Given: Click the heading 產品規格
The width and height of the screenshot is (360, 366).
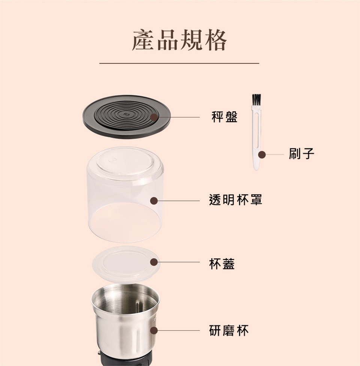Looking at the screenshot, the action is click(179, 40).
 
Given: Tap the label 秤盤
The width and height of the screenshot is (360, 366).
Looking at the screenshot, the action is click(225, 117).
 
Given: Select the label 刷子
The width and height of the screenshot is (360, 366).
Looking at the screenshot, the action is click(301, 154).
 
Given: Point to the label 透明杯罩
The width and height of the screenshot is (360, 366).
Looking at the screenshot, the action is click(235, 200).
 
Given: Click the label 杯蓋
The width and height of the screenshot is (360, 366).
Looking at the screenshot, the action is click(222, 264).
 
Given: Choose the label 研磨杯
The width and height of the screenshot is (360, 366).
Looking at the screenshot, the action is click(229, 330).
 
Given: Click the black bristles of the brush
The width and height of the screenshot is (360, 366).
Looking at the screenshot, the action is click(256, 99).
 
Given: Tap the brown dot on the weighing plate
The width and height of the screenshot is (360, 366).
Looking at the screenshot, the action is click(154, 117).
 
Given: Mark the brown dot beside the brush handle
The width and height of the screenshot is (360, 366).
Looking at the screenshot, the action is click(262, 154).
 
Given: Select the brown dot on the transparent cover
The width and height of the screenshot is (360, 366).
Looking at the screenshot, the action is click(154, 200).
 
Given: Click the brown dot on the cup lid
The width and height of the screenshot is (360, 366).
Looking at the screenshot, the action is click(154, 262).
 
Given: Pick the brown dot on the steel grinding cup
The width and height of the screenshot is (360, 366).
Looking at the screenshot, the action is click(154, 330).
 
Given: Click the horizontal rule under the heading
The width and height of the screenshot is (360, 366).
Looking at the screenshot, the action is click(179, 63).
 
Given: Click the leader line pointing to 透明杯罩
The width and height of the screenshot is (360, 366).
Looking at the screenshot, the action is click(179, 200).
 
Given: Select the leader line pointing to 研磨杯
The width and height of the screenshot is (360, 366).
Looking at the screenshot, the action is click(179, 330).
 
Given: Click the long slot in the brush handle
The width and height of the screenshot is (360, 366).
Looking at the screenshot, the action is click(256, 131).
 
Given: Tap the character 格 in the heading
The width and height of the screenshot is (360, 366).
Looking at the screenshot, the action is click(216, 40).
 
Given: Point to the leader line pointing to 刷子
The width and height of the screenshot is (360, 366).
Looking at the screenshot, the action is click(275, 154).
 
